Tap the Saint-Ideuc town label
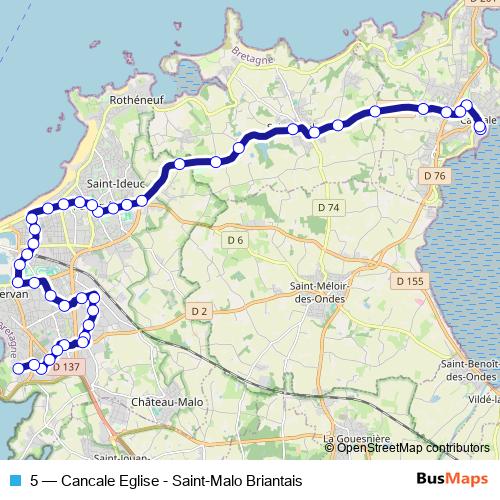click(x=117, y=184)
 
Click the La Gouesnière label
click(x=356, y=438)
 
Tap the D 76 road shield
click(x=433, y=176)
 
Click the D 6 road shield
click(x=235, y=240)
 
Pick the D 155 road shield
click(x=410, y=282)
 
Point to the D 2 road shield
click(x=199, y=313)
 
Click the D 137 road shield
click(x=65, y=367)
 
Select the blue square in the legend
click(x=14, y=480)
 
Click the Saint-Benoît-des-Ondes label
click(x=471, y=369)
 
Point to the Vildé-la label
click(x=483, y=397)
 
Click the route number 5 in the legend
click(x=35, y=480)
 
